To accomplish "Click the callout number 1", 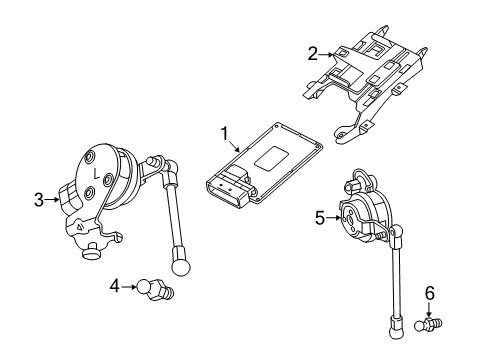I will click(225, 133).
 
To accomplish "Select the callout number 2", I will click(312, 53).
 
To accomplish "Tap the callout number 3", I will click(39, 200).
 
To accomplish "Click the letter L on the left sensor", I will click(96, 173).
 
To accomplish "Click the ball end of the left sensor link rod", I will click(181, 266).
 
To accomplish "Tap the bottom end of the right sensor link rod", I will click(392, 322).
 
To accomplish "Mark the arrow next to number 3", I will click(54, 200).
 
